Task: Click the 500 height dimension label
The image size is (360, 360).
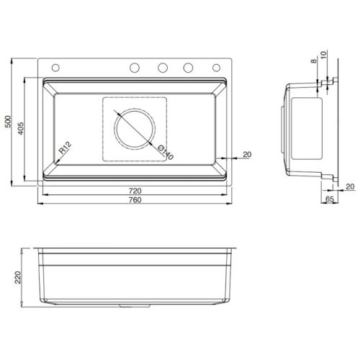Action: (9, 124)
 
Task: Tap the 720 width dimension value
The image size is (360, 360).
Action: (135, 191)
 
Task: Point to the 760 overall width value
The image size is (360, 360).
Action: (135, 200)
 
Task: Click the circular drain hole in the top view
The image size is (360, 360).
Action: (135, 130)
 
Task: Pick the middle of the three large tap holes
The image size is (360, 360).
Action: (163, 68)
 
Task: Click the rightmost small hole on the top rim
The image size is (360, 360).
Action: (215, 68)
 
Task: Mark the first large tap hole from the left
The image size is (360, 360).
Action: (135, 68)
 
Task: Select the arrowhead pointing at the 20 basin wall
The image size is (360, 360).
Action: (225, 158)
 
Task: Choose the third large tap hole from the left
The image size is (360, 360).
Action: (189, 68)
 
